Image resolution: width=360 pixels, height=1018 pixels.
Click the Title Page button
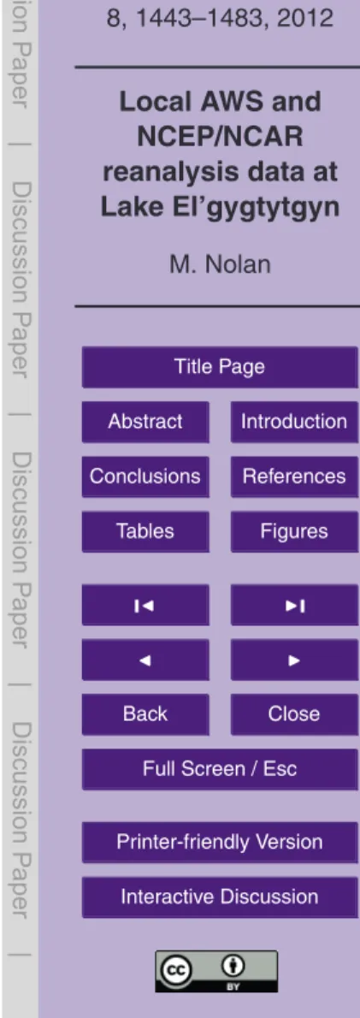point(219,367)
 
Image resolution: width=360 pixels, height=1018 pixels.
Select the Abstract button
point(145,422)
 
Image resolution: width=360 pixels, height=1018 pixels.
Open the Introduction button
point(294,422)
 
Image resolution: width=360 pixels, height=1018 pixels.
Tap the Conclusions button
point(145,476)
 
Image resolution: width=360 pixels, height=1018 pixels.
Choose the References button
point(294,476)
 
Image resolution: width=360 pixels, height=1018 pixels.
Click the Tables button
point(145,531)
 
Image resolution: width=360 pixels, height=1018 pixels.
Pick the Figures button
point(294,531)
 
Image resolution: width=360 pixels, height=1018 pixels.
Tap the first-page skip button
point(145,605)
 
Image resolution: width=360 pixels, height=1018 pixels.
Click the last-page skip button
point(294,605)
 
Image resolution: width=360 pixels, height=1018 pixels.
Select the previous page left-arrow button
point(145,659)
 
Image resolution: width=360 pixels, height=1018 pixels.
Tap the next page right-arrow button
point(294,659)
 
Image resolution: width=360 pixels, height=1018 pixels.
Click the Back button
point(145,714)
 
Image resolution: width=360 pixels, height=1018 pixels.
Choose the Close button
point(294,714)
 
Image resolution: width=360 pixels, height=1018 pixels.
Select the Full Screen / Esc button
point(219,769)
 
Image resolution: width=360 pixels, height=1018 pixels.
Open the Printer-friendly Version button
point(219,842)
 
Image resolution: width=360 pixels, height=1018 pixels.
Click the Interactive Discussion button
point(219,897)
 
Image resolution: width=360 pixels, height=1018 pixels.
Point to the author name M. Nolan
point(219,265)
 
